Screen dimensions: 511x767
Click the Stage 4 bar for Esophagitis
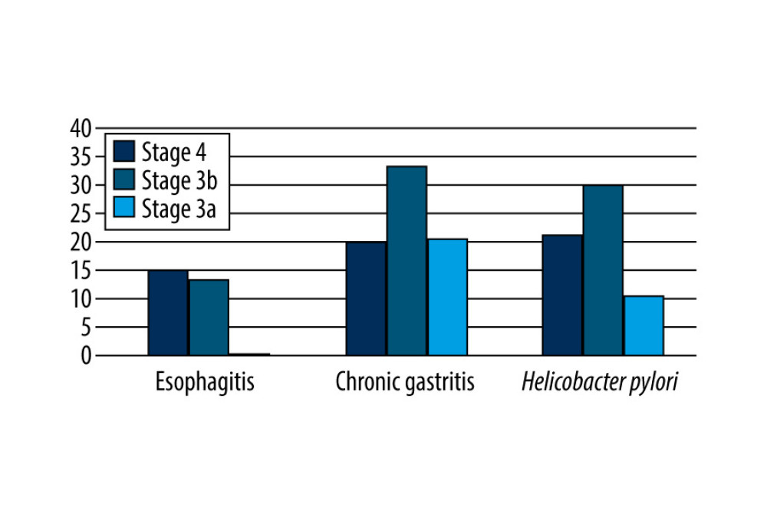click(168, 313)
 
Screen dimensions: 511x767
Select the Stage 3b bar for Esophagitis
click(209, 318)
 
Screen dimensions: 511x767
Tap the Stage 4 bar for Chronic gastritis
click(366, 298)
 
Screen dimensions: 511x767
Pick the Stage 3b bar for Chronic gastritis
click(407, 261)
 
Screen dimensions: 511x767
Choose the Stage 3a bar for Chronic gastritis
click(447, 297)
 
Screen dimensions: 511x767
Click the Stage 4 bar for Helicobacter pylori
click(562, 295)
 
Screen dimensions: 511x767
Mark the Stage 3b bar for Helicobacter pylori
click(603, 270)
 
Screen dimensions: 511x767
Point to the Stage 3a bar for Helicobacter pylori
click(644, 325)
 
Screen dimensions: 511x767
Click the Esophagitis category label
click(205, 382)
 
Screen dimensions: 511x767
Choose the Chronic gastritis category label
click(405, 382)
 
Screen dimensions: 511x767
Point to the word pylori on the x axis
click(655, 382)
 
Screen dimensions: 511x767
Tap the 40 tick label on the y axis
click(81, 128)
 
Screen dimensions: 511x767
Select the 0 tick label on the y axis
click(87, 355)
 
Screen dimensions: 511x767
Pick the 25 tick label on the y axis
click(81, 213)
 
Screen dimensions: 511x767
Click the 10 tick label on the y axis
click(81, 298)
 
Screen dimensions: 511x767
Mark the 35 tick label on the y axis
click(81, 157)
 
